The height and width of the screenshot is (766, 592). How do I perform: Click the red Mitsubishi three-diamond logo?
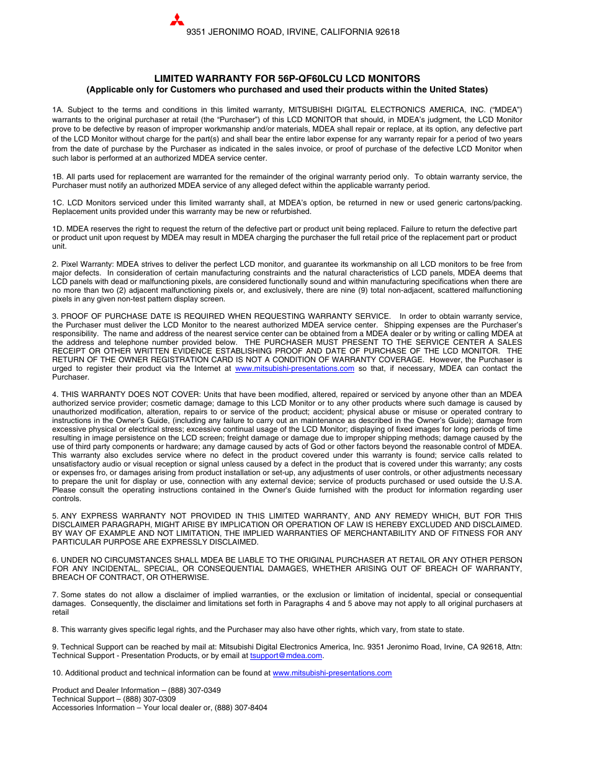click(x=177, y=20)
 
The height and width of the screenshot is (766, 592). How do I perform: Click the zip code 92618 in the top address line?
click(x=387, y=32)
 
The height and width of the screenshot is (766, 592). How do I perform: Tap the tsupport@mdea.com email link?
click(x=286, y=656)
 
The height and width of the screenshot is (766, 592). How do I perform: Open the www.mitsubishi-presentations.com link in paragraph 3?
click(x=295, y=368)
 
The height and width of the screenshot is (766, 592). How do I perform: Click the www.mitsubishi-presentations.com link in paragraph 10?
click(x=332, y=673)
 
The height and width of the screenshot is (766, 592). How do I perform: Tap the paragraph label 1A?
click(x=57, y=110)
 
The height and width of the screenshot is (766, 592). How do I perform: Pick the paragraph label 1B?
click(x=57, y=177)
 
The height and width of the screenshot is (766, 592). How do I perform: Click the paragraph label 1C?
click(x=58, y=203)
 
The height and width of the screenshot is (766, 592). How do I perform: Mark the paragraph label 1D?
click(x=58, y=229)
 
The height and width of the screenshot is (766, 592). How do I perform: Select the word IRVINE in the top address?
click(x=301, y=32)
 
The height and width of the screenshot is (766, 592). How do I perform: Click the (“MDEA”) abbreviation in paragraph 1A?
click(x=505, y=110)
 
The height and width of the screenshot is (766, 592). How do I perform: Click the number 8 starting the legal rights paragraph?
click(x=55, y=630)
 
